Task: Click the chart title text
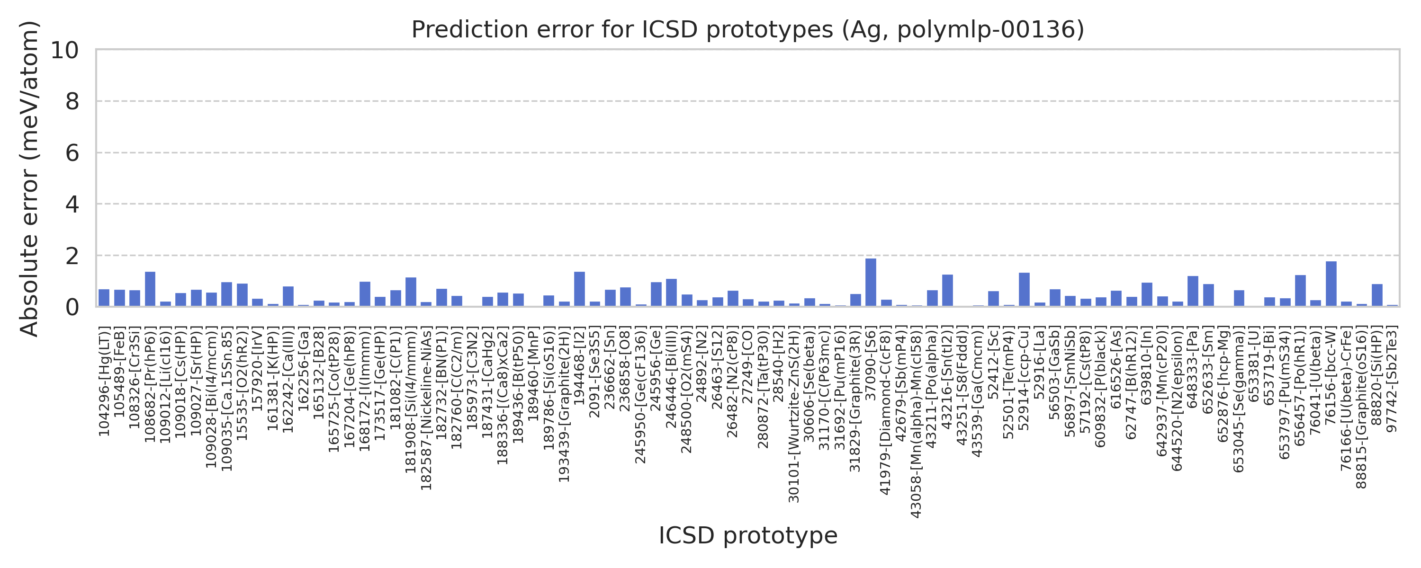click(x=747, y=30)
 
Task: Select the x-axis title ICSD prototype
click(x=747, y=535)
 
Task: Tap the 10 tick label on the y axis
click(x=64, y=50)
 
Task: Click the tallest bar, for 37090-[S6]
click(x=871, y=283)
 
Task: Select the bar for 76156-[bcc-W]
click(x=1331, y=284)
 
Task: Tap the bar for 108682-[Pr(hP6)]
click(x=150, y=289)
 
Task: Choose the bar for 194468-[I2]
click(x=579, y=289)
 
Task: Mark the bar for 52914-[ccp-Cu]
click(x=1024, y=290)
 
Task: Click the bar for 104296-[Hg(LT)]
click(x=104, y=298)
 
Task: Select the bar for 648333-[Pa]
click(x=1193, y=291)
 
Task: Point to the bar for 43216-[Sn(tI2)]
click(x=947, y=290)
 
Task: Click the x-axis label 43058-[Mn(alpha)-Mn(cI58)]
click(x=916, y=422)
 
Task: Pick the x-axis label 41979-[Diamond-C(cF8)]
click(x=885, y=410)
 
